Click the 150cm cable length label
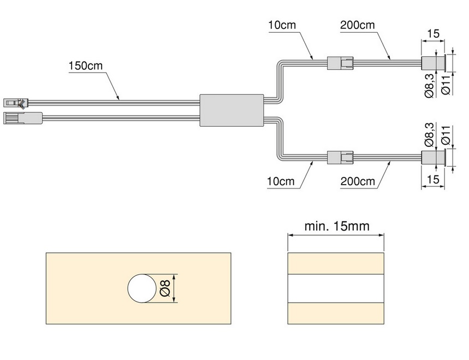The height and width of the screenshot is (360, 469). pyautogui.click(x=86, y=66)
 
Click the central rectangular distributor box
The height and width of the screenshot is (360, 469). pyautogui.click(x=232, y=110)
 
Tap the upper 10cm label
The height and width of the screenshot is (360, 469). pyautogui.click(x=282, y=25)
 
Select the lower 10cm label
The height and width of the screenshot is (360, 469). pyautogui.click(x=281, y=181)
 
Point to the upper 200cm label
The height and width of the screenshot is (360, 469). pyautogui.click(x=358, y=25)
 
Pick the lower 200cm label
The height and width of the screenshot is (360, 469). pyautogui.click(x=358, y=181)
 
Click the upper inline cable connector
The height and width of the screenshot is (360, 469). pyautogui.click(x=340, y=63)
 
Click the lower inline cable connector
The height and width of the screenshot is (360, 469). pyautogui.click(x=340, y=157)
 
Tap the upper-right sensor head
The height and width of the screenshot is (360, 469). pyautogui.click(x=434, y=63)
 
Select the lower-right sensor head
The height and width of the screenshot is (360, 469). pyautogui.click(x=434, y=157)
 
